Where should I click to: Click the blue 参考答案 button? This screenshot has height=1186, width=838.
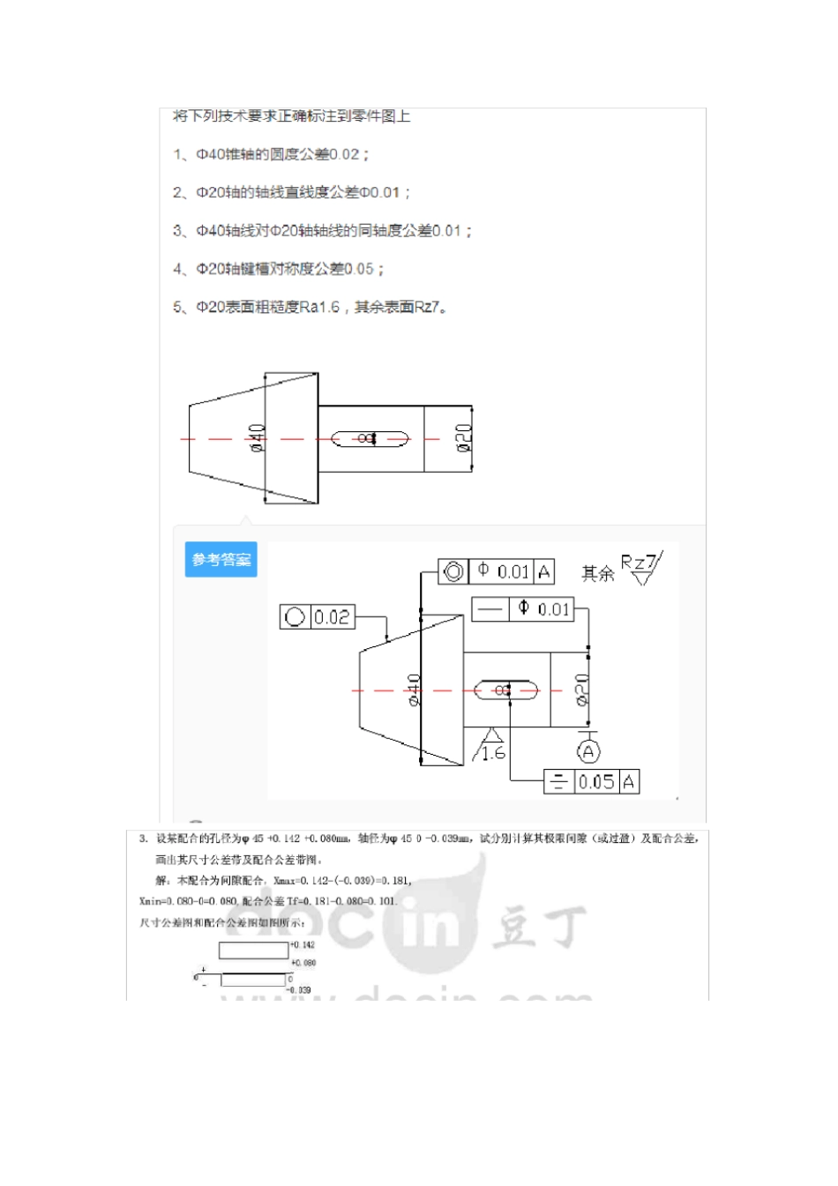click(x=221, y=560)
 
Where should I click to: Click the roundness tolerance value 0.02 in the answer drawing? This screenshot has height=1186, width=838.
click(x=333, y=617)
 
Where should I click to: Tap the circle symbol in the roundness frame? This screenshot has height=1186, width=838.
click(x=296, y=617)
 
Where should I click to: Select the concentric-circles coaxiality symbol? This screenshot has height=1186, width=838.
click(x=453, y=572)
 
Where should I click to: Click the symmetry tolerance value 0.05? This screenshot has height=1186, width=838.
click(x=596, y=782)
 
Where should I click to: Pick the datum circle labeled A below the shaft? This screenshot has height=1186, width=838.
click(x=588, y=751)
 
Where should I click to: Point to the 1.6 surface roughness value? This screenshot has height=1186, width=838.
click(x=493, y=753)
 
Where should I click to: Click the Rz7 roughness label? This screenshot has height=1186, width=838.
click(x=639, y=563)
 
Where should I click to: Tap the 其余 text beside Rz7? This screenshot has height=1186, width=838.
click(x=597, y=574)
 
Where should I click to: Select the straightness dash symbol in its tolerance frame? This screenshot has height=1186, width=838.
click(x=490, y=609)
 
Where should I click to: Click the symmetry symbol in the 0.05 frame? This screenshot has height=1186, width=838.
click(x=558, y=782)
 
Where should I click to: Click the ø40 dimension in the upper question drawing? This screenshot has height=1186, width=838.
click(x=257, y=437)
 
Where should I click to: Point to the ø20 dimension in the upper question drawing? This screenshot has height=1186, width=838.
click(x=464, y=438)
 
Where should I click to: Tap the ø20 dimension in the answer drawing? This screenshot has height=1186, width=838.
click(x=582, y=689)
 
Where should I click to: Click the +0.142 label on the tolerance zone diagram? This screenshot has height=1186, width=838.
click(x=303, y=944)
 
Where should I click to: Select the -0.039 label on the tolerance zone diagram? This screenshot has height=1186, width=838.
click(x=299, y=990)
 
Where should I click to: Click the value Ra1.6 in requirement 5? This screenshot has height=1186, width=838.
click(x=319, y=307)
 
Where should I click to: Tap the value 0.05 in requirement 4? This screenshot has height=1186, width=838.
click(x=359, y=269)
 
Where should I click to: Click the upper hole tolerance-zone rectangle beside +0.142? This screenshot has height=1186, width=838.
click(x=253, y=951)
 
